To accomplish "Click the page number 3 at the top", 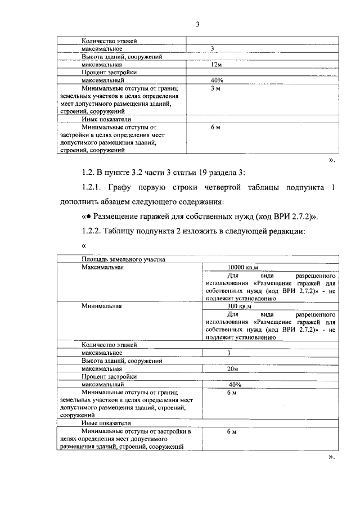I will (x=197, y=24).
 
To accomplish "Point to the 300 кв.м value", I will (x=238, y=307).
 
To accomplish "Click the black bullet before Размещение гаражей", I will (x=88, y=216).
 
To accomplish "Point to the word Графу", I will (x=134, y=187).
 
